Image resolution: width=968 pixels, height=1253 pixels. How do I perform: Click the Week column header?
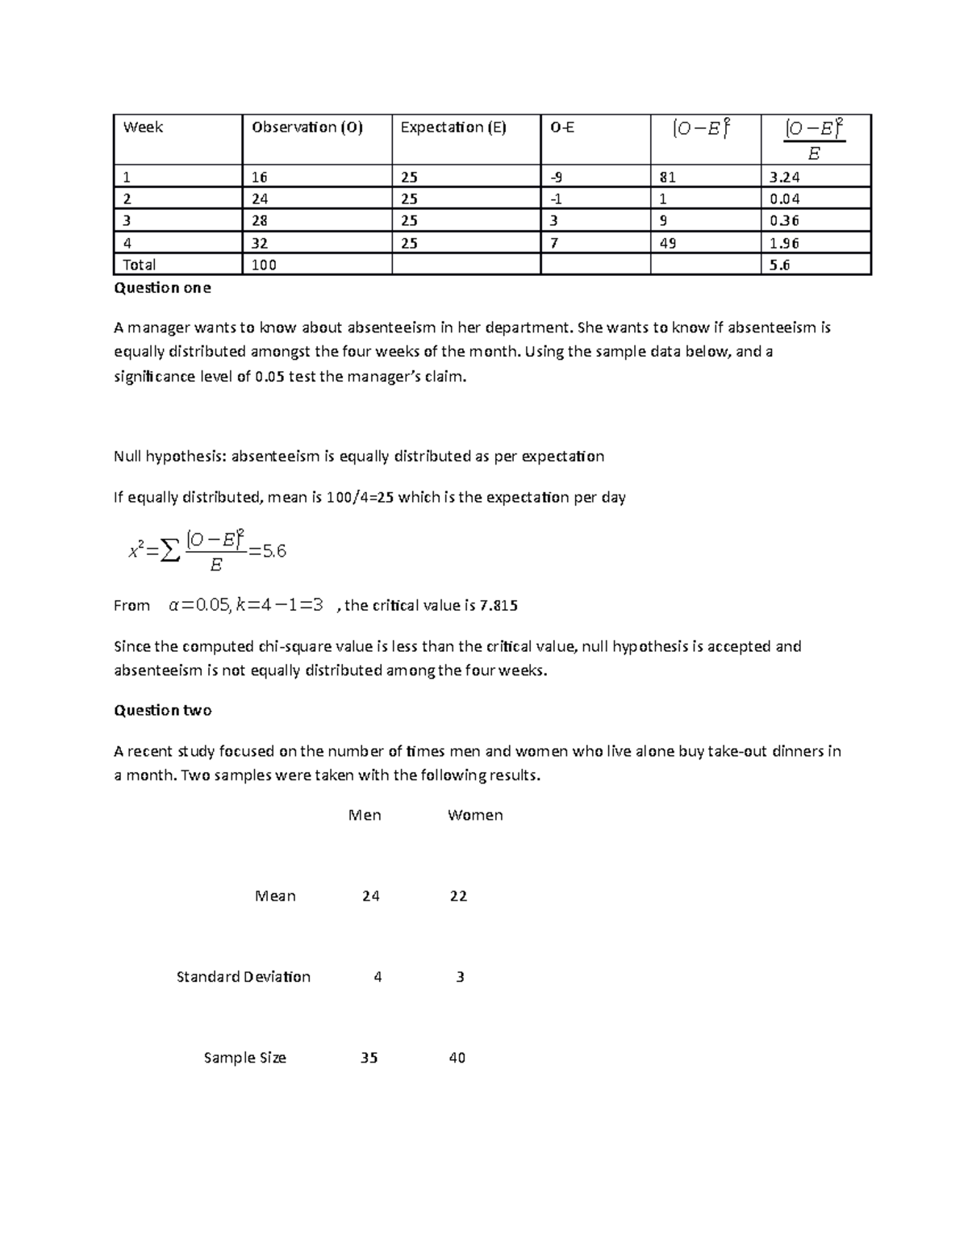143,127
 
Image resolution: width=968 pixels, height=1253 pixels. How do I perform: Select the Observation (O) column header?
307,127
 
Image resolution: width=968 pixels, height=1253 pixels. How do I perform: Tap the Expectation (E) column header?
453,127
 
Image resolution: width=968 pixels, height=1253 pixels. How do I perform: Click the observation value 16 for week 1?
260,178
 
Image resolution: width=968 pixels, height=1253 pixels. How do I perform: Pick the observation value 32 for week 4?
260,243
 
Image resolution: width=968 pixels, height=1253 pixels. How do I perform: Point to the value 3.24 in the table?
784,178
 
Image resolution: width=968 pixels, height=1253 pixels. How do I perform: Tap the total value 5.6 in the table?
779,265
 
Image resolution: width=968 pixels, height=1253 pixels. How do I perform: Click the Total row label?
139,265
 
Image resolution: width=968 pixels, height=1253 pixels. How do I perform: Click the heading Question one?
162,288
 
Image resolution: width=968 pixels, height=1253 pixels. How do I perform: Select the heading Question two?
162,711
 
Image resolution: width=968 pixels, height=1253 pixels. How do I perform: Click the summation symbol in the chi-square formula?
168,552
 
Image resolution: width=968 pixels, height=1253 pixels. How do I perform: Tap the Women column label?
475,816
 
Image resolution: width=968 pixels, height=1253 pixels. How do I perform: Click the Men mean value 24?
370,896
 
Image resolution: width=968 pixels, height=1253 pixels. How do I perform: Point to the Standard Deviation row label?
243,977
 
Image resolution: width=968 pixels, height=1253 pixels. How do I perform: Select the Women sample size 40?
457,1058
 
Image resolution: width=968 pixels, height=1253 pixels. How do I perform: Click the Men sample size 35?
369,1058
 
